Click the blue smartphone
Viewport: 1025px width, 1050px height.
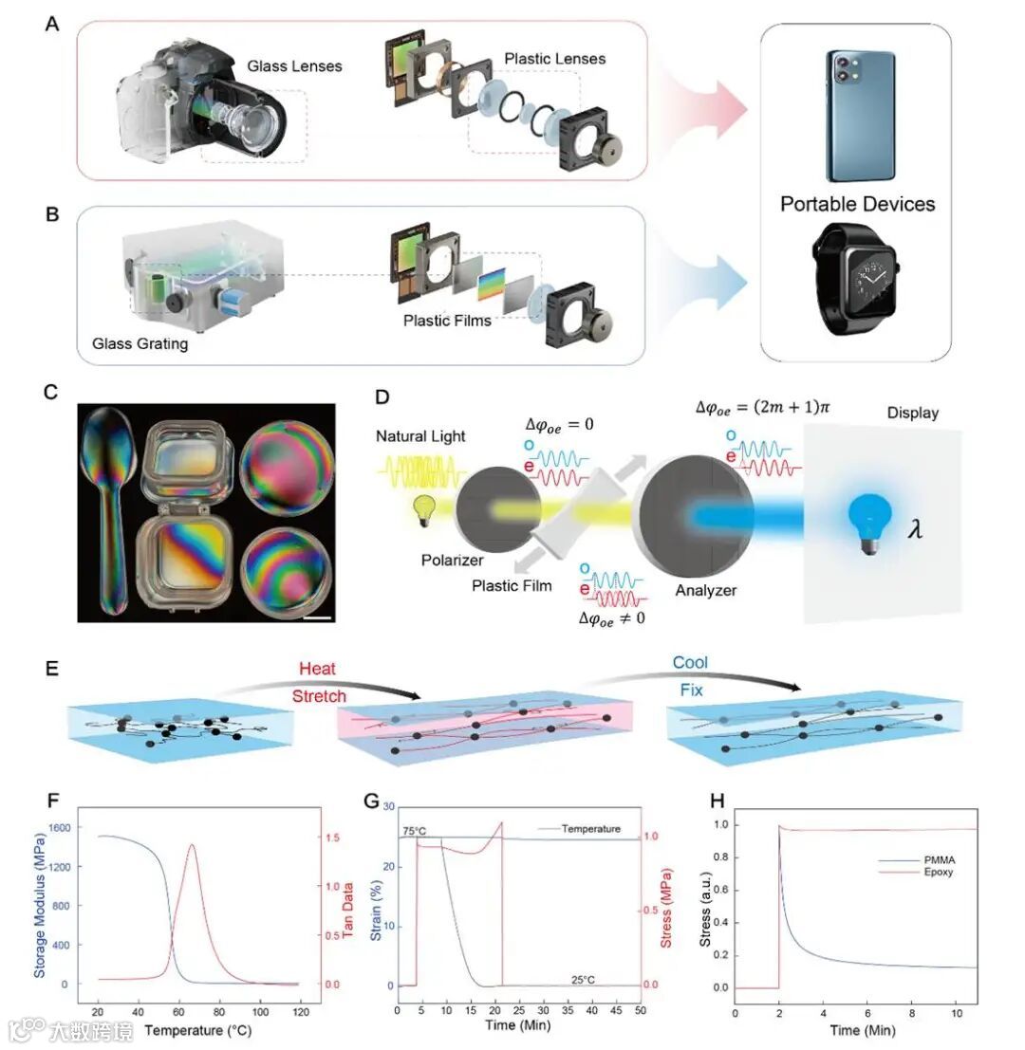[859, 116]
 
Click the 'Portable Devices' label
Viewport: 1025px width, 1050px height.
[857, 204]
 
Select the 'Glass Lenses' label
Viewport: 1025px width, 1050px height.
[294, 66]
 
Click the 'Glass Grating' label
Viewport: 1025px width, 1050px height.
[140, 343]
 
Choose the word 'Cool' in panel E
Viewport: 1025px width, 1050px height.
[690, 663]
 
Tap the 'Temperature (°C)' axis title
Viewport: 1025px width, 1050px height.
[198, 1029]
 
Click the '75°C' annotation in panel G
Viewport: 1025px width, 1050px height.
[414, 832]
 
